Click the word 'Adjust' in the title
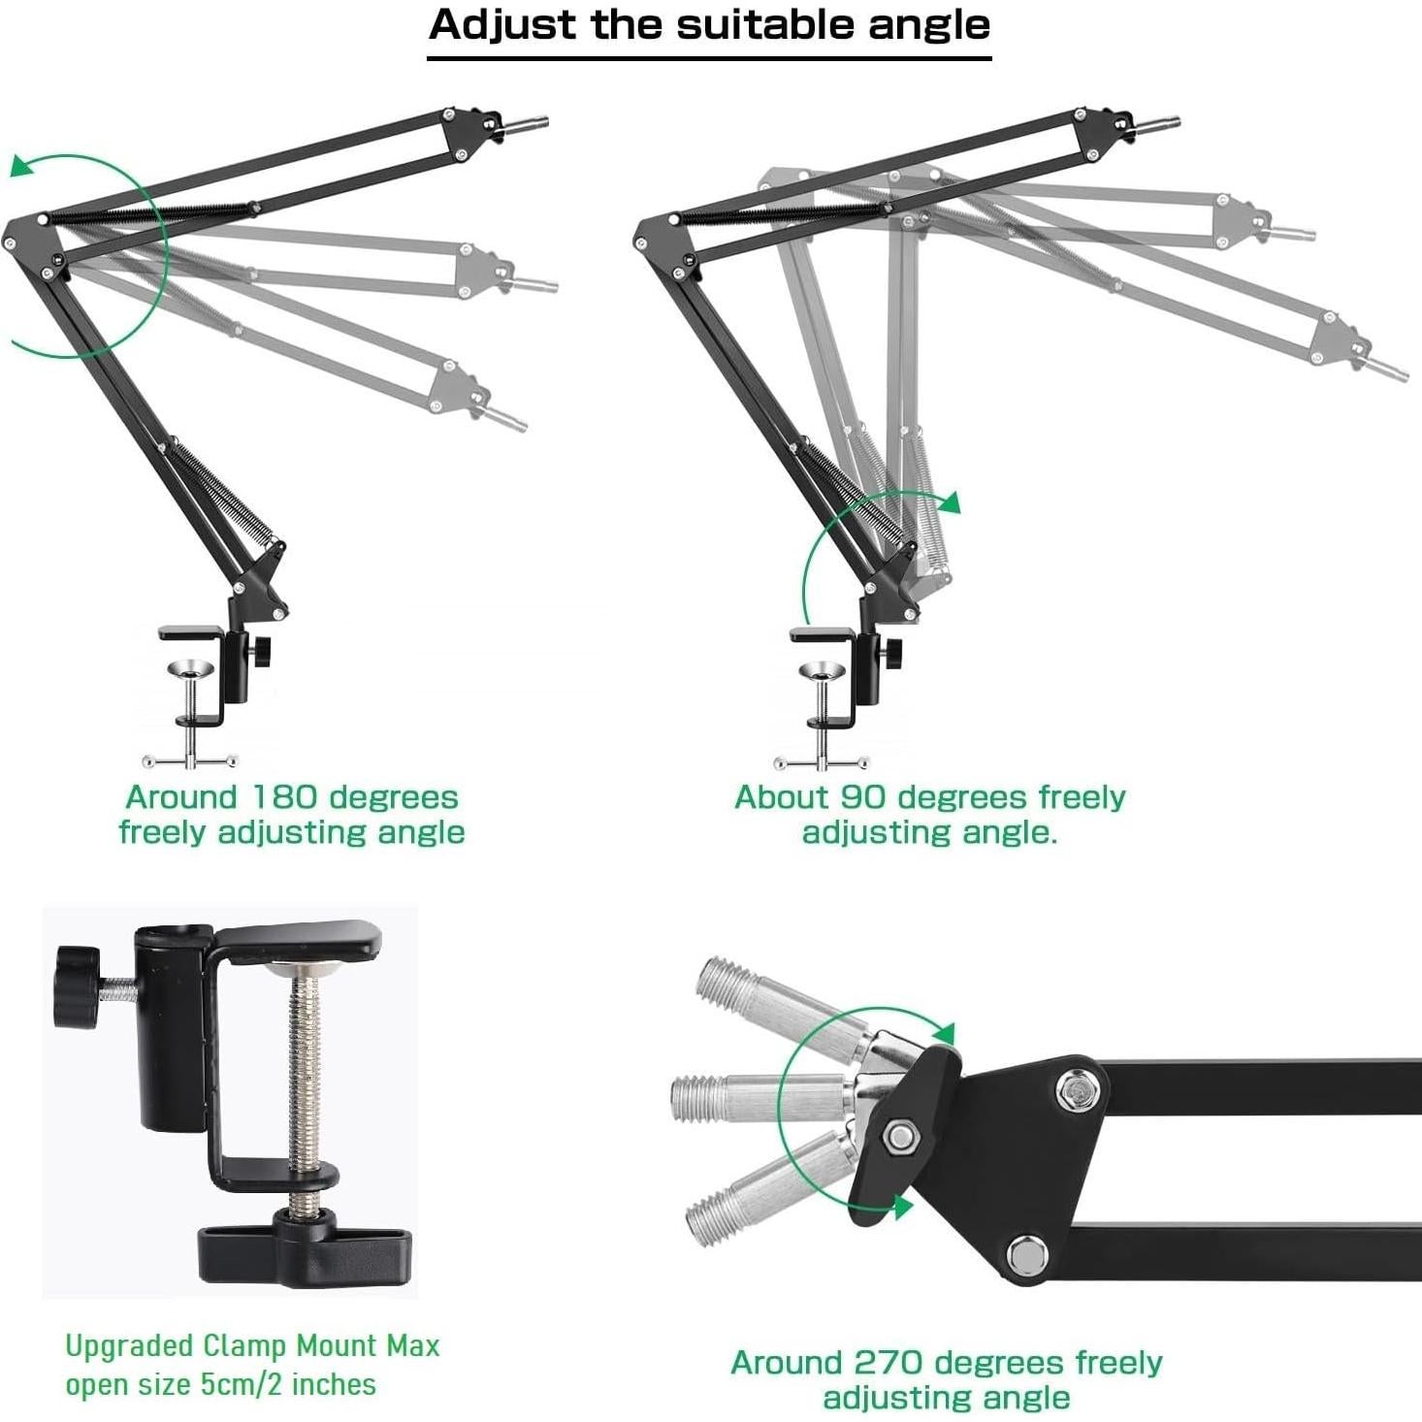[x=502, y=25]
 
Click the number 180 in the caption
[x=285, y=797]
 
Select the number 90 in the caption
[x=862, y=797]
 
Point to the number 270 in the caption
[x=887, y=1363]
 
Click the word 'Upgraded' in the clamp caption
[x=129, y=1346]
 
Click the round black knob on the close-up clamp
[x=77, y=986]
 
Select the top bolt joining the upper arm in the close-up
[x=1077, y=1091]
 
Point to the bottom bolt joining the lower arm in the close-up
[x=1026, y=1255]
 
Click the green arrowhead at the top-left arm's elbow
[x=21, y=167]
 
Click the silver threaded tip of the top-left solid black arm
[x=527, y=125]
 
